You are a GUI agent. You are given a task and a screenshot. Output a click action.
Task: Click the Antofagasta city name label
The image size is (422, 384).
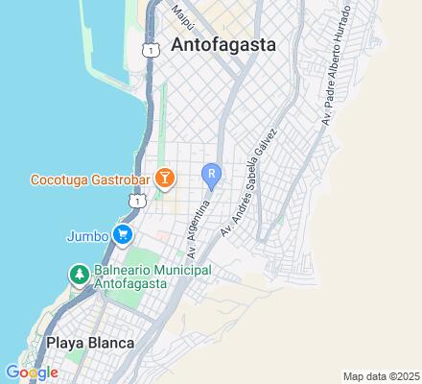click(223, 44)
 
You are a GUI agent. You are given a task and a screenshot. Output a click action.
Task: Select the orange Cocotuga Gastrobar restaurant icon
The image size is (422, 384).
click(165, 178)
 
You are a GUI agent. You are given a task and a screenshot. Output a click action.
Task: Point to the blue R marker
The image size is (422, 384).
click(211, 175)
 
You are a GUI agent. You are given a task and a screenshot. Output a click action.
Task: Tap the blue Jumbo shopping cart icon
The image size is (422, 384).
click(122, 233)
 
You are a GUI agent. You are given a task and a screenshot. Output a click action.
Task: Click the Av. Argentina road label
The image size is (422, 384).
click(199, 228)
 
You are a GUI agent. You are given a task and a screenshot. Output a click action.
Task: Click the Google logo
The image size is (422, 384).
click(31, 372)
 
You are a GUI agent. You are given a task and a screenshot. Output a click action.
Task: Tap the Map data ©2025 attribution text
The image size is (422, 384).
click(380, 375)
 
